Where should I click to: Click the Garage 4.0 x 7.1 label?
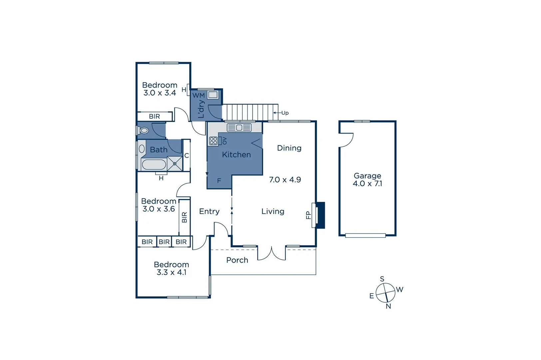click(367, 180)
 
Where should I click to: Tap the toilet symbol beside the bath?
click(144, 130)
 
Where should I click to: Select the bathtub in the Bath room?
click(154, 165)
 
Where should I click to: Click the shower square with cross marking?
click(175, 164)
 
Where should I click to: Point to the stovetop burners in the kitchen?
click(213, 141)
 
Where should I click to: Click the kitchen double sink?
click(239, 127)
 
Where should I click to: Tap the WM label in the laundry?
click(199, 96)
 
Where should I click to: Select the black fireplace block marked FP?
click(320, 215)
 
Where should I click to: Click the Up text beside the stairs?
click(285, 113)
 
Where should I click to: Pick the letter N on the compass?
click(388, 306)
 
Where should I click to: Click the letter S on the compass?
click(382, 279)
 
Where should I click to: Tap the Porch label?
click(237, 260)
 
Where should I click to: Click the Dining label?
click(289, 148)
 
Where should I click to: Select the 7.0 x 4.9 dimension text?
click(285, 180)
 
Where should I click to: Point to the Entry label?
click(209, 211)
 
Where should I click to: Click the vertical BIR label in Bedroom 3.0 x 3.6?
click(185, 217)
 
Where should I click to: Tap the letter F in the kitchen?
click(219, 181)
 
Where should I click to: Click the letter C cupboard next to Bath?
click(187, 156)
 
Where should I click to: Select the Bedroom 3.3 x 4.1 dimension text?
click(172, 272)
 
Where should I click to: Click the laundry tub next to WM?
click(213, 95)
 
